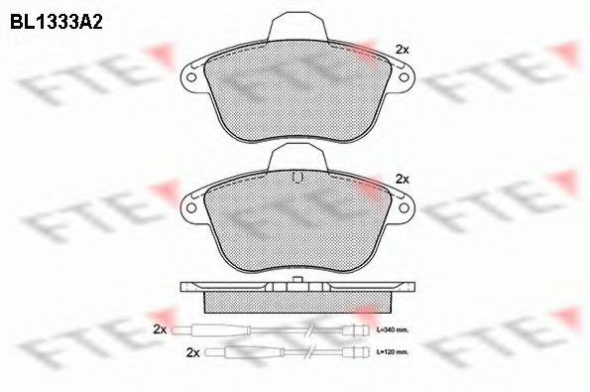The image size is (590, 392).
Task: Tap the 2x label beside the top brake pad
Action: pyautogui.click(x=402, y=49)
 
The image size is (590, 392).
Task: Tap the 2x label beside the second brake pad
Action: pyautogui.click(x=402, y=179)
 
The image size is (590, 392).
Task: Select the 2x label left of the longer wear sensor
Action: pyautogui.click(x=160, y=328)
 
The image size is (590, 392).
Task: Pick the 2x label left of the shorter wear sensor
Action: pyautogui.click(x=192, y=352)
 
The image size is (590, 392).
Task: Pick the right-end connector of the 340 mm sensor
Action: pyautogui.click(x=361, y=329)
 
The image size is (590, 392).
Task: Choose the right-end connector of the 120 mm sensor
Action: pyautogui.click(x=361, y=352)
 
